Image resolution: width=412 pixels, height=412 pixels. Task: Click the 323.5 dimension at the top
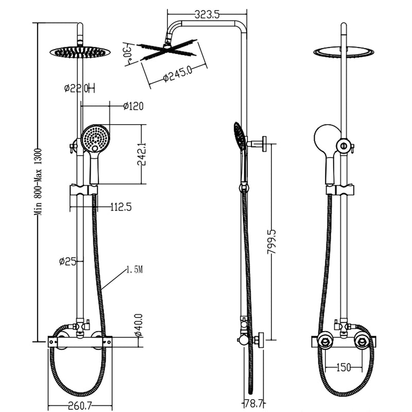[x=208, y=15]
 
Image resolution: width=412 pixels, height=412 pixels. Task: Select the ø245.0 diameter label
[x=178, y=75]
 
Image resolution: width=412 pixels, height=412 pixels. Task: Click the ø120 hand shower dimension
[x=133, y=106]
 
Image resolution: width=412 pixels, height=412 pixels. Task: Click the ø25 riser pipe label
[x=67, y=261]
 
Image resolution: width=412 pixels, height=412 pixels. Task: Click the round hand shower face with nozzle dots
[x=95, y=138]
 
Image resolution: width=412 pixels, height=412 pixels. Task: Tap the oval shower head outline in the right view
[x=344, y=51]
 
